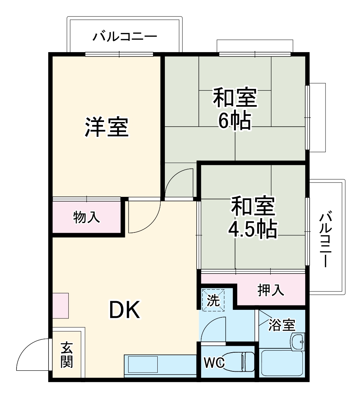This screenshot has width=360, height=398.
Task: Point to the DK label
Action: click(x=125, y=310)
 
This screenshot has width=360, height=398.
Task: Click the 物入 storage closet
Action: click(x=87, y=217)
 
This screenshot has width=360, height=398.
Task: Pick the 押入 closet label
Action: click(x=271, y=290)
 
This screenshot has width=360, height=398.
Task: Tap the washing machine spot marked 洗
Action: click(x=213, y=299)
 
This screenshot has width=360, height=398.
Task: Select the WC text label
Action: click(x=214, y=362)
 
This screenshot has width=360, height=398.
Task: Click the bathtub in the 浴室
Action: click(x=282, y=363)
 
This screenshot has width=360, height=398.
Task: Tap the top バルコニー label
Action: click(x=125, y=37)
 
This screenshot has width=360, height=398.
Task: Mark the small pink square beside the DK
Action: click(x=60, y=306)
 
